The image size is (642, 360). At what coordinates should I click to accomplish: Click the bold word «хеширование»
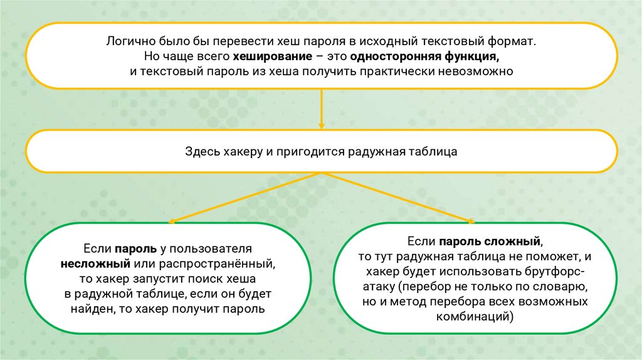(x=270, y=57)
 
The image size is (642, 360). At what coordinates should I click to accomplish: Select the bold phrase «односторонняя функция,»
(x=425, y=57)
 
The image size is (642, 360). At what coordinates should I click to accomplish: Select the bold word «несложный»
(x=95, y=263)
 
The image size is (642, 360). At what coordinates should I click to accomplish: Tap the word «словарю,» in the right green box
(x=564, y=287)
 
